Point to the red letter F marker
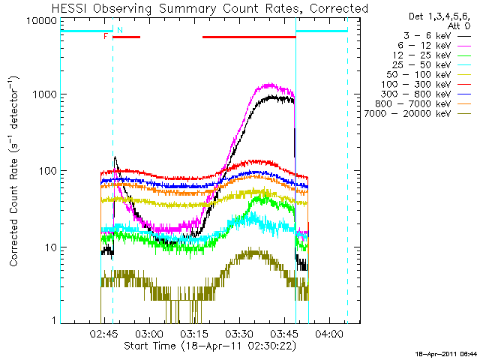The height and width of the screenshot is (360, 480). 106,35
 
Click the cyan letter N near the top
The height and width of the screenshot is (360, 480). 119,30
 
